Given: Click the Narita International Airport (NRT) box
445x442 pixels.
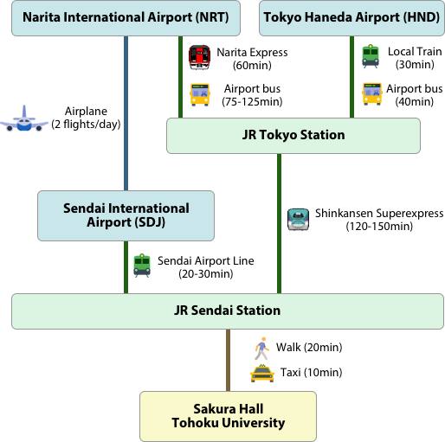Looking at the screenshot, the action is [126, 18].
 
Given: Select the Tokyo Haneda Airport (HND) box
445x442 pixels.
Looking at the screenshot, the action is [351, 18].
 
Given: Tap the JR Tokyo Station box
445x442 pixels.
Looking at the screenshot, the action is [293, 136].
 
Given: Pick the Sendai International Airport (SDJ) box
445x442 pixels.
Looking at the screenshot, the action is [126, 215].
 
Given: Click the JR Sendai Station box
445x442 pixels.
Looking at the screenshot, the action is [228, 311].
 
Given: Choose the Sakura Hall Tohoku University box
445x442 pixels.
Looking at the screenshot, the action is [228, 416].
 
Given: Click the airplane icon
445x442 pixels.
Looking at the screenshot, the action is [24, 119].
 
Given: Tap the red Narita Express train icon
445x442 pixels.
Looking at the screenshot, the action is [199, 57].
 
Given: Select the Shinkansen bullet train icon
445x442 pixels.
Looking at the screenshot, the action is [298, 220].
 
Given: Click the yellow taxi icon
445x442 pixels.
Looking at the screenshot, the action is [262, 374].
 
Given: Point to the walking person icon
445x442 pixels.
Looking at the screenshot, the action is [261, 349].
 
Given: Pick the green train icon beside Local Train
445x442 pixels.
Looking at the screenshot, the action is [371, 56].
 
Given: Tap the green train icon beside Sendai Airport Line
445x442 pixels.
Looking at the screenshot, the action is [142, 266].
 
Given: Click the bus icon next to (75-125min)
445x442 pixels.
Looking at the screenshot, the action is [200, 95].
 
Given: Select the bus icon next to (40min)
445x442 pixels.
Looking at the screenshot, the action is [372, 94].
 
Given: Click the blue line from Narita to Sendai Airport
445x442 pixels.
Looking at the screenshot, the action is [126, 113].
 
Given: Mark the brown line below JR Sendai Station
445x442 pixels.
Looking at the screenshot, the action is [228, 360].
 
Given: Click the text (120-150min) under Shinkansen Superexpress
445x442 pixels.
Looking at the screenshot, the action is [379, 227].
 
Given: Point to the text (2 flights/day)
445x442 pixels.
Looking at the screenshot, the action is [86, 125].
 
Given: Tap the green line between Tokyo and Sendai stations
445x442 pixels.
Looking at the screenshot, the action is [279, 223].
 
